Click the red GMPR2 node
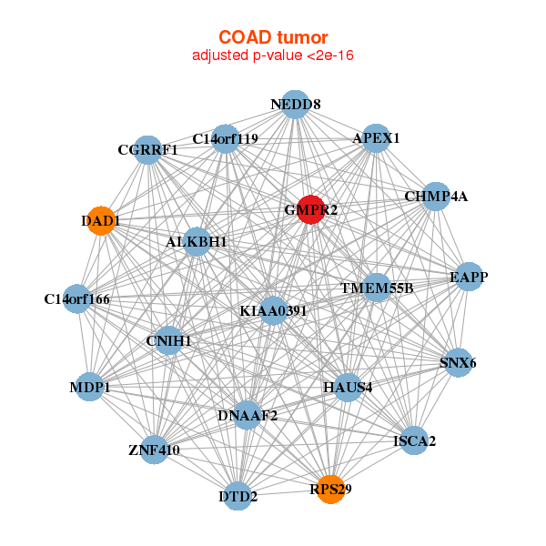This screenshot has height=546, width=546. pyautogui.click(x=311, y=209)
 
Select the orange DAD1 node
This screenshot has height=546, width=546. pyautogui.click(x=101, y=221)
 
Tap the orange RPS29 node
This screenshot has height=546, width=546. pyautogui.click(x=331, y=490)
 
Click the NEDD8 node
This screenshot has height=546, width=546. pyautogui.click(x=295, y=105)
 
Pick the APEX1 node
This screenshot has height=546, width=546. pyautogui.click(x=376, y=138)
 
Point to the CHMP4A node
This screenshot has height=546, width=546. pyautogui.click(x=436, y=197)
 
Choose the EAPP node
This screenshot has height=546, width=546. pyautogui.click(x=469, y=277)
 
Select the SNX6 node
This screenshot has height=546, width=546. pyautogui.click(x=458, y=362)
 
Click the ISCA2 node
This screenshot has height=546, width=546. pyautogui.click(x=414, y=440)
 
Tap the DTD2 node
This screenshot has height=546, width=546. pyautogui.click(x=238, y=496)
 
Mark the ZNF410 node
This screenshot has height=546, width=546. pyautogui.click(x=155, y=450)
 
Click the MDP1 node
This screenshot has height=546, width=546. pyautogui.click(x=90, y=387)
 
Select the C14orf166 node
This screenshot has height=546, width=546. pyautogui.click(x=77, y=298)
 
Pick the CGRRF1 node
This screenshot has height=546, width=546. pyautogui.click(x=148, y=150)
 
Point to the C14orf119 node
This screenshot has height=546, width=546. pyautogui.click(x=226, y=139)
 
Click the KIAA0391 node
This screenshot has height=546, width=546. pyautogui.click(x=273, y=310)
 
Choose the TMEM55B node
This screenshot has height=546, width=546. pyautogui.click(x=377, y=288)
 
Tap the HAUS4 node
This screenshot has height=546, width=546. pyautogui.click(x=348, y=388)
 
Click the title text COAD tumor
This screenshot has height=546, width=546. pyautogui.click(x=273, y=37)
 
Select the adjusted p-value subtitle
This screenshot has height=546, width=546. pyautogui.click(x=273, y=56)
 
